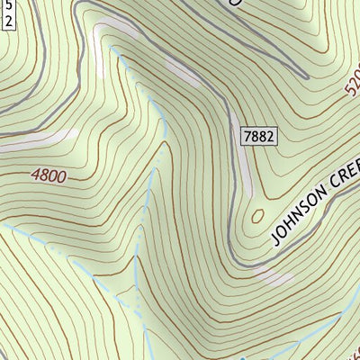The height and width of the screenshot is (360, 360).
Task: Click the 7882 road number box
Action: point(257,136)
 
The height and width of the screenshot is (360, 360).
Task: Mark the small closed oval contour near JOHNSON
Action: point(258,216)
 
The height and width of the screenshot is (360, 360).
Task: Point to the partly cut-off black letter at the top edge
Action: point(237,3)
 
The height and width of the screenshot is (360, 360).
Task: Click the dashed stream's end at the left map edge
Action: point(3,225)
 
